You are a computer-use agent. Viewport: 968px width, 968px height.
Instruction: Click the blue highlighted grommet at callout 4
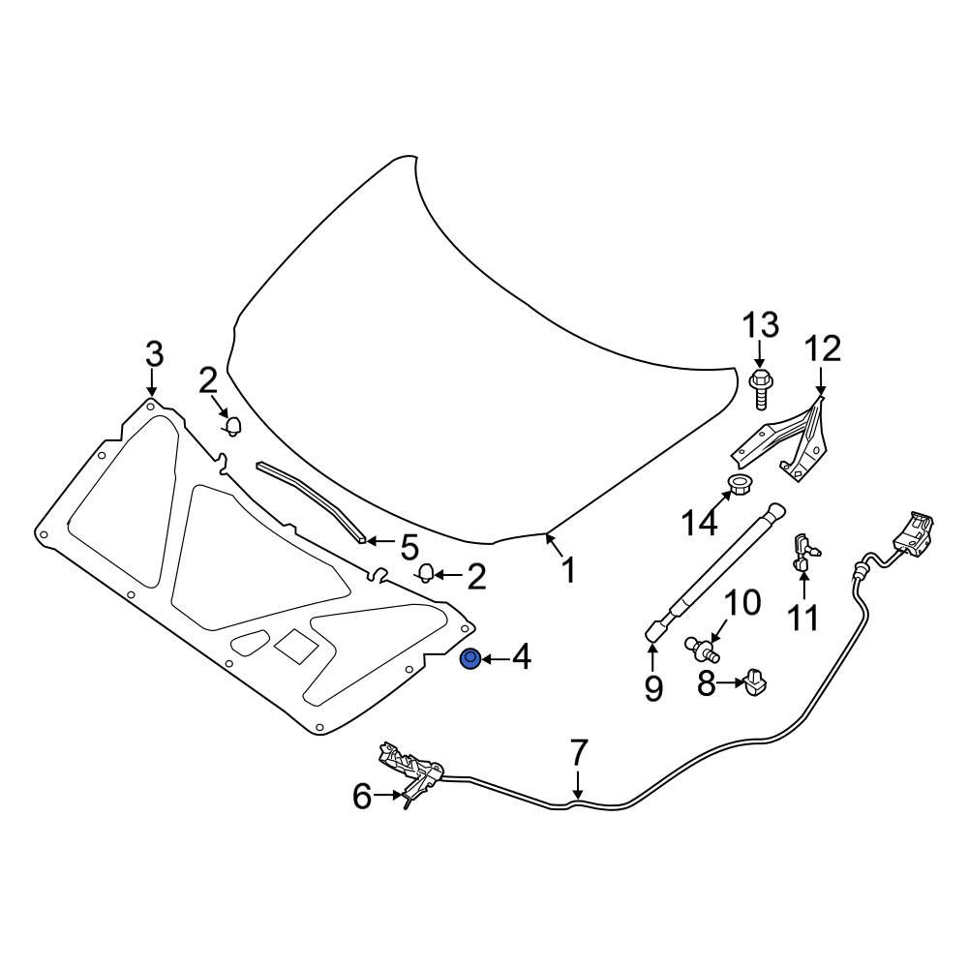tap(470, 660)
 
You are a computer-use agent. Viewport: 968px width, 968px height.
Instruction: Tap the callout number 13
tap(760, 325)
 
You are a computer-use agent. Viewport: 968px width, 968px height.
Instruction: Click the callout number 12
tap(820, 349)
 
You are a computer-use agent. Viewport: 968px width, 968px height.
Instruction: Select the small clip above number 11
tap(803, 548)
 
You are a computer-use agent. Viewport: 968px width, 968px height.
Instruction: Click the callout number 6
tap(361, 797)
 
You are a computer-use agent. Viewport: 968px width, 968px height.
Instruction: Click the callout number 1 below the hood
tap(567, 570)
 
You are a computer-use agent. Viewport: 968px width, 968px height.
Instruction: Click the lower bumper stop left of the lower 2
tap(425, 573)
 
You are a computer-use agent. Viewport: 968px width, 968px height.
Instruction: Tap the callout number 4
tap(521, 659)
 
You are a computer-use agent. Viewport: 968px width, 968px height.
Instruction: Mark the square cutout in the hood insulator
tap(291, 645)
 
